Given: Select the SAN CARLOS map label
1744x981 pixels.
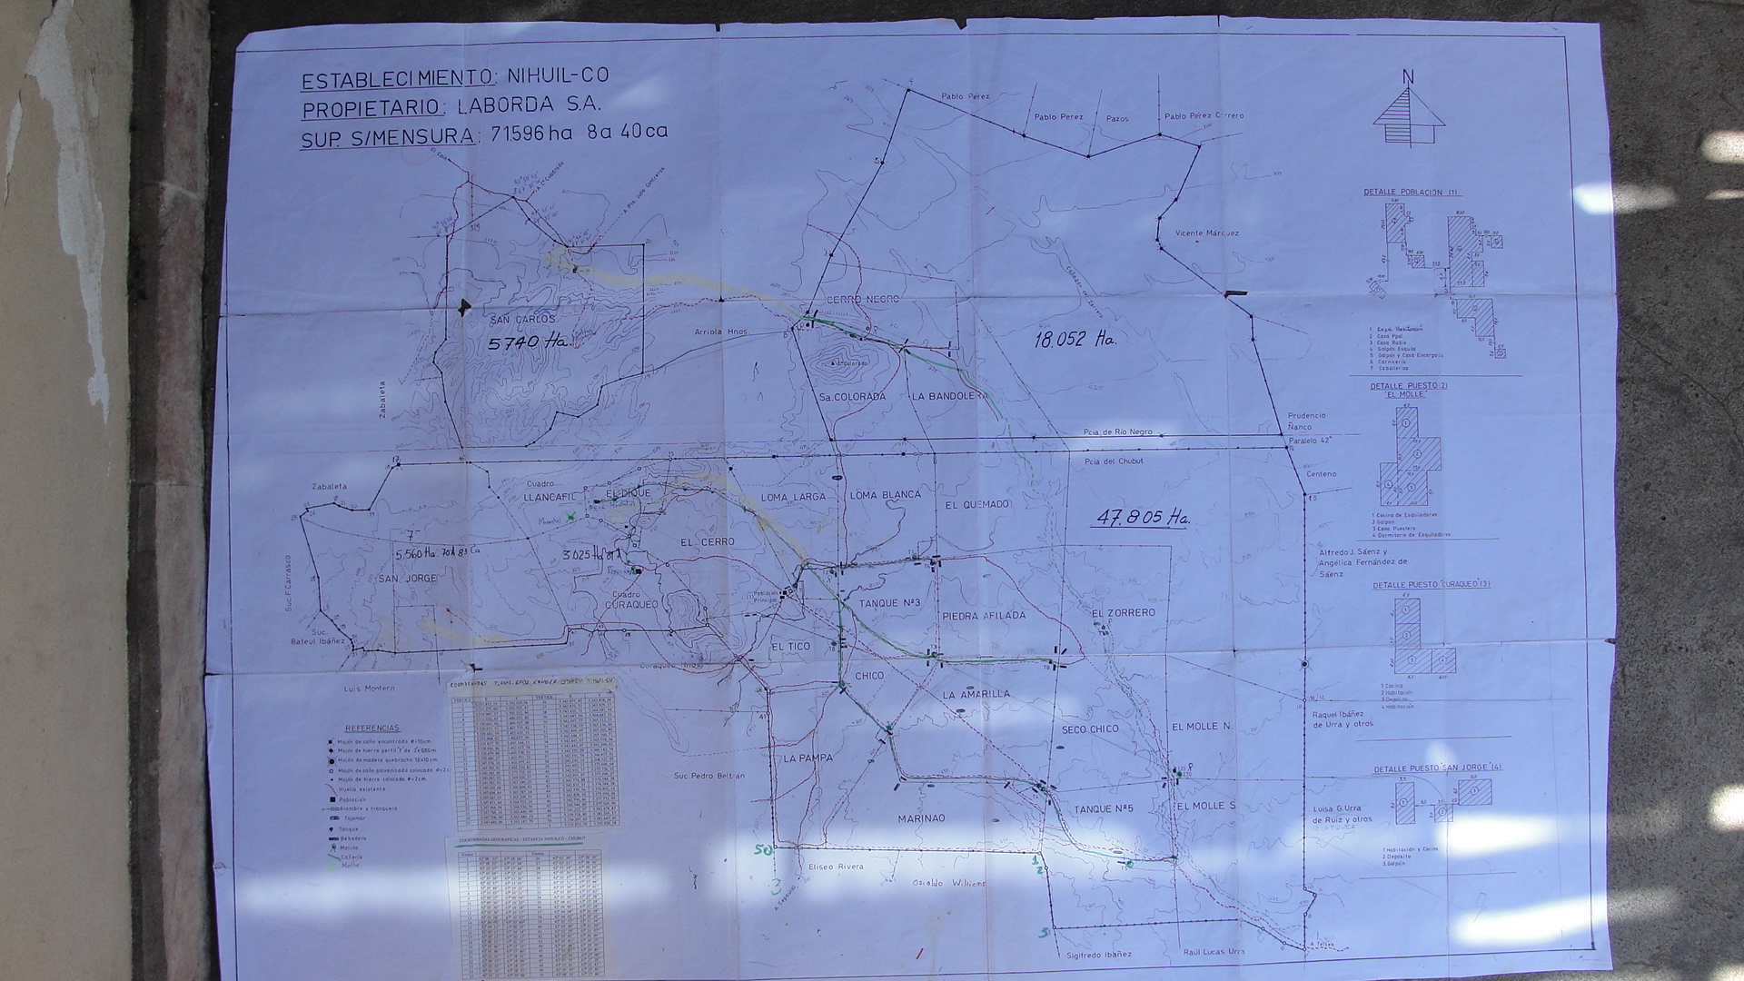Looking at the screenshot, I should click(521, 320).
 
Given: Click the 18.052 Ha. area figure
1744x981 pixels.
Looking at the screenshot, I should click(1075, 340).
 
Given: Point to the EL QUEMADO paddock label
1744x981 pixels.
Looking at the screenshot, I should click(976, 504).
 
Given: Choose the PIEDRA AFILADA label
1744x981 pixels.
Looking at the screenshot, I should click(984, 616).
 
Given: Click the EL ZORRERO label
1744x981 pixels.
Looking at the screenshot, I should click(1124, 613).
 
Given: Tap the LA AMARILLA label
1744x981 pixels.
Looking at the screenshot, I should click(976, 694).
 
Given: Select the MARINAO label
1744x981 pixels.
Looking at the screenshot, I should click(921, 818).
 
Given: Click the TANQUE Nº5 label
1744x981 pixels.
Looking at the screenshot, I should click(1104, 808).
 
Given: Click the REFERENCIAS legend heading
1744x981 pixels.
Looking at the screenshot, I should click(372, 728).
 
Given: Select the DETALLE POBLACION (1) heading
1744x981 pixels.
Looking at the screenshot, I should click(1410, 193).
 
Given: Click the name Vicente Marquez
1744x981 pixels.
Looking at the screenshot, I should click(1206, 233).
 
